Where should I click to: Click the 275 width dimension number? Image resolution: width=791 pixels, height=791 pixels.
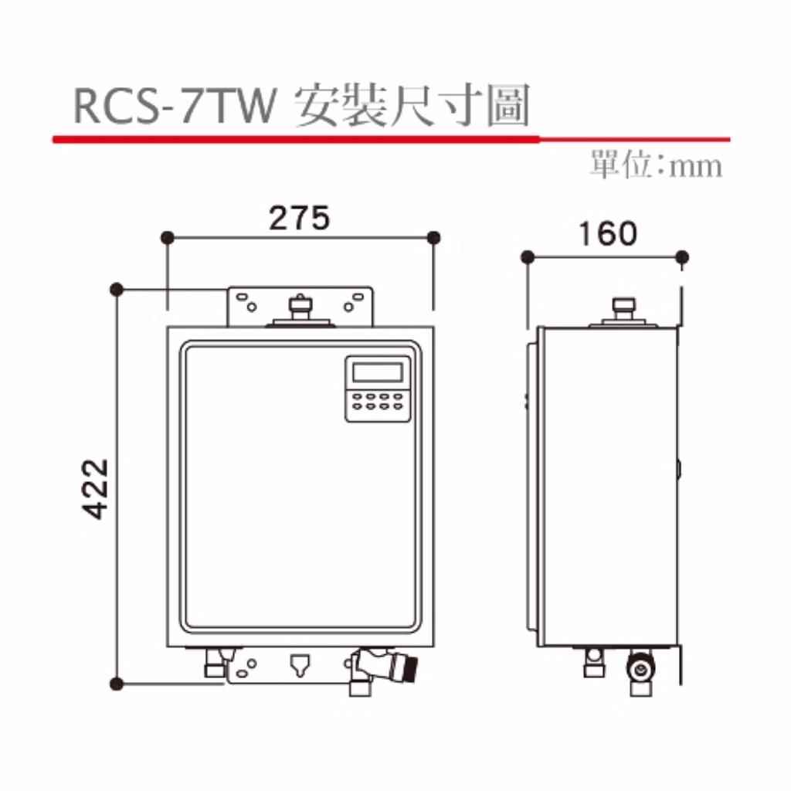299,218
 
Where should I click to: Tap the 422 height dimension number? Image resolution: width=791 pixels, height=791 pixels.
95,489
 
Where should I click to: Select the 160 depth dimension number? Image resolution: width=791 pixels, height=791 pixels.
607,234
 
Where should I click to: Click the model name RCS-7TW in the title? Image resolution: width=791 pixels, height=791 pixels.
175,105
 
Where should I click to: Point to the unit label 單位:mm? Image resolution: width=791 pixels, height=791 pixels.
656,165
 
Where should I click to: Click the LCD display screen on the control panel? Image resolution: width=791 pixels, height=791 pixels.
377,372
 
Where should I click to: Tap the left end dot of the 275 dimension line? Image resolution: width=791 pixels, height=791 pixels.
168,238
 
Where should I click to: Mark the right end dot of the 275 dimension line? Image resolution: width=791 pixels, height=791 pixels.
433,238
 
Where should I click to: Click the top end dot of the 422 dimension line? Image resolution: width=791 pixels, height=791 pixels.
117,290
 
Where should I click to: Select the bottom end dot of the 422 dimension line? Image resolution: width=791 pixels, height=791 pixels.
117,684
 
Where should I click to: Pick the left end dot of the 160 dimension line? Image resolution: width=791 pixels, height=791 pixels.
527,258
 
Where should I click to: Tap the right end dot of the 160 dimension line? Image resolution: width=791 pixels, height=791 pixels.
682,258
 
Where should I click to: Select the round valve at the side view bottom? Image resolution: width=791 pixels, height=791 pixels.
640,670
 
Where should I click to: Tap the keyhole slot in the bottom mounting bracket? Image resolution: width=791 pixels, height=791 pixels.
300,665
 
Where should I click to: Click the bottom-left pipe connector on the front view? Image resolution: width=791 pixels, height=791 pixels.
215,662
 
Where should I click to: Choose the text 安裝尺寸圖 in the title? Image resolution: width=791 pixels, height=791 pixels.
412,105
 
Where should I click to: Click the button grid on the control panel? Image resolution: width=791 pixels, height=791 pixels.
377,402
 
